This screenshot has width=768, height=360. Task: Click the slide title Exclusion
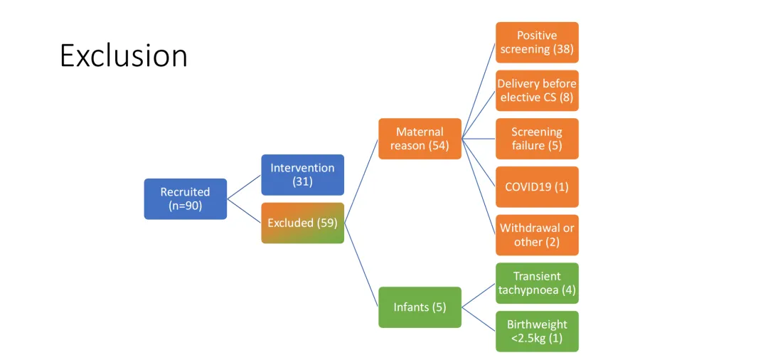tap(123, 55)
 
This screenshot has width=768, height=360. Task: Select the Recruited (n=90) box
tap(185, 198)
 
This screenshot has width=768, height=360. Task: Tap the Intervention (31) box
tap(302, 174)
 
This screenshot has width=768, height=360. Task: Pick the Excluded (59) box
tap(302, 223)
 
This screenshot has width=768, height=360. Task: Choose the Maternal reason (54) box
tap(420, 138)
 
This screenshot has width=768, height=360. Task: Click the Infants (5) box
tap(420, 307)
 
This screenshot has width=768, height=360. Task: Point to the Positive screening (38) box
tap(537, 43)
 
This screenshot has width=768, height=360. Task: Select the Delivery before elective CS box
tap(537, 90)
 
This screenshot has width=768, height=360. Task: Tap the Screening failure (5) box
tap(537, 138)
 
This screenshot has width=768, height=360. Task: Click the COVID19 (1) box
tap(537, 186)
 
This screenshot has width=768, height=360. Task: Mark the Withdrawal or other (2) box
tap(537, 235)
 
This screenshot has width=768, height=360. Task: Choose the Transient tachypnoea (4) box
tap(537, 283)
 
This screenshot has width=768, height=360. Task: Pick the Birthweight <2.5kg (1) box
tap(537, 331)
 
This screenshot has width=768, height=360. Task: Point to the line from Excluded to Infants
tap(361, 265)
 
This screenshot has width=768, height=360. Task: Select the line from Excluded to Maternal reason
tap(361, 181)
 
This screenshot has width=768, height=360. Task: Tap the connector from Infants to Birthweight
tap(479, 319)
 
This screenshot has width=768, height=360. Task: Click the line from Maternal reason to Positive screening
tap(479, 90)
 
